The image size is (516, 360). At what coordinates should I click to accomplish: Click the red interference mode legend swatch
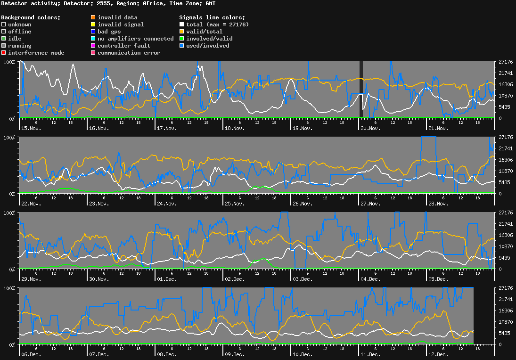(x=3, y=53)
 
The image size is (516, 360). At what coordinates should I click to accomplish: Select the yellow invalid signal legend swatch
(x=93, y=25)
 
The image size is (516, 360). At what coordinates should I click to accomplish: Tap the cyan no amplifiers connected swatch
(x=93, y=39)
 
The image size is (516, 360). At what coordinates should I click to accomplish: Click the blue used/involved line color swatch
(x=182, y=46)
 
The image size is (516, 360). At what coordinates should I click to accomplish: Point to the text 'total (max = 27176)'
(x=217, y=25)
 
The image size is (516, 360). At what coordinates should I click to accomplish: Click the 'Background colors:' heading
(x=31, y=17)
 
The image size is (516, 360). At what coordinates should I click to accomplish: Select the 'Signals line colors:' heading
(x=212, y=17)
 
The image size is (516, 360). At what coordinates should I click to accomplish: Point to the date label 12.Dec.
(x=437, y=354)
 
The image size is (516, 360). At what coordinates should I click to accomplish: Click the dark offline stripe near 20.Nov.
(x=361, y=90)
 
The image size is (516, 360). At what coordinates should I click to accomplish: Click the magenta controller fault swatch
(x=93, y=46)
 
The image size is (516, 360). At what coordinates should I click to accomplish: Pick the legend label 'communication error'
(x=129, y=53)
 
